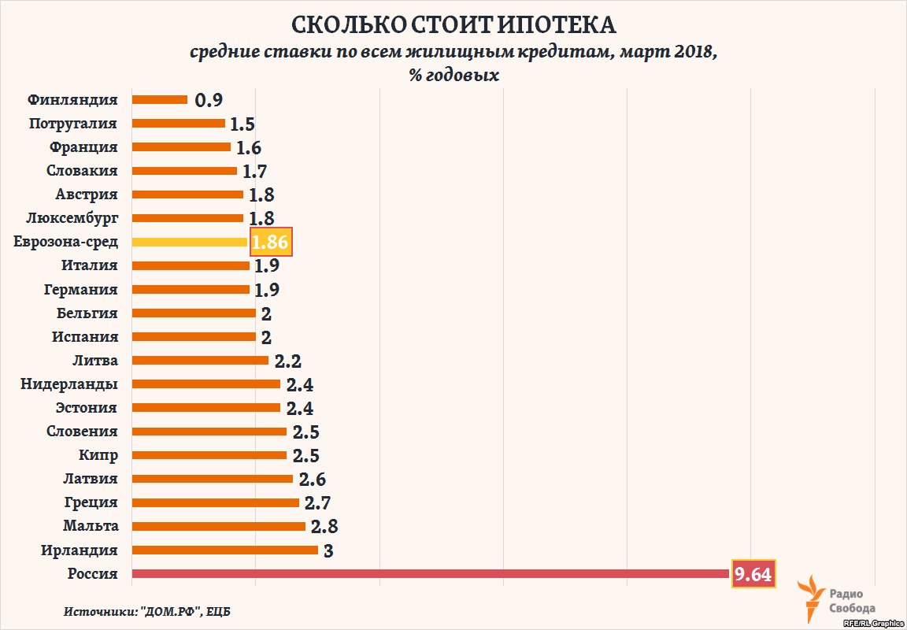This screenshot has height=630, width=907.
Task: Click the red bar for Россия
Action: [431, 574]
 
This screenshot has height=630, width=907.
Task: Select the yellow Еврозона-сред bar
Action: [190, 242]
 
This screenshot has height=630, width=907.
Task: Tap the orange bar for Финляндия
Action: [160, 100]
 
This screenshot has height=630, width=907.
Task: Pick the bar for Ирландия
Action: [225, 550]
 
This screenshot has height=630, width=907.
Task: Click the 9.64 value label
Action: [753, 574]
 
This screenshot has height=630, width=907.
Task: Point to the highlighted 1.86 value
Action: [271, 242]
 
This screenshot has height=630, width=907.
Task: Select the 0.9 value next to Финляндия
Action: [209, 100]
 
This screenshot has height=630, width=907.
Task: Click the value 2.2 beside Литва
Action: [288, 361]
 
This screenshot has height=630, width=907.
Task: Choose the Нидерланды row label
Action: [69, 384]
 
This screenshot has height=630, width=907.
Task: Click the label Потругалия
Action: [73, 123]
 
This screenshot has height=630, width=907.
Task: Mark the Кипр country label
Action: [98, 454]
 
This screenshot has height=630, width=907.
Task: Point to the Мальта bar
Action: [219, 526]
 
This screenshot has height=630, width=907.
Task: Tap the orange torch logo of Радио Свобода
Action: [809, 597]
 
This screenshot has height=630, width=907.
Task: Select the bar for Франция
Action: [181, 146]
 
